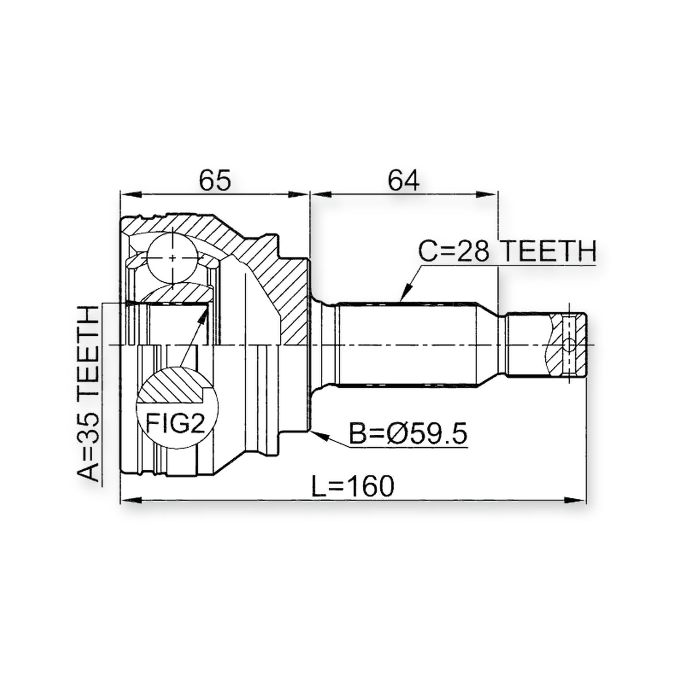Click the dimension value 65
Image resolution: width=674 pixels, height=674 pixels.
coord(215,180)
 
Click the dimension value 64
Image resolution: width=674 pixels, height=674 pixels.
coord(404,180)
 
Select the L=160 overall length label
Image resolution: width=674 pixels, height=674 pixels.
coord(353,486)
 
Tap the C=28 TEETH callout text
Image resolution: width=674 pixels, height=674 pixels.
coord(507,251)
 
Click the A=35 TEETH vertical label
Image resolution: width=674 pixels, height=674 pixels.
coord(89,393)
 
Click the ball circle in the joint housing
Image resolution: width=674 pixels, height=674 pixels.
coord(172,257)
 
